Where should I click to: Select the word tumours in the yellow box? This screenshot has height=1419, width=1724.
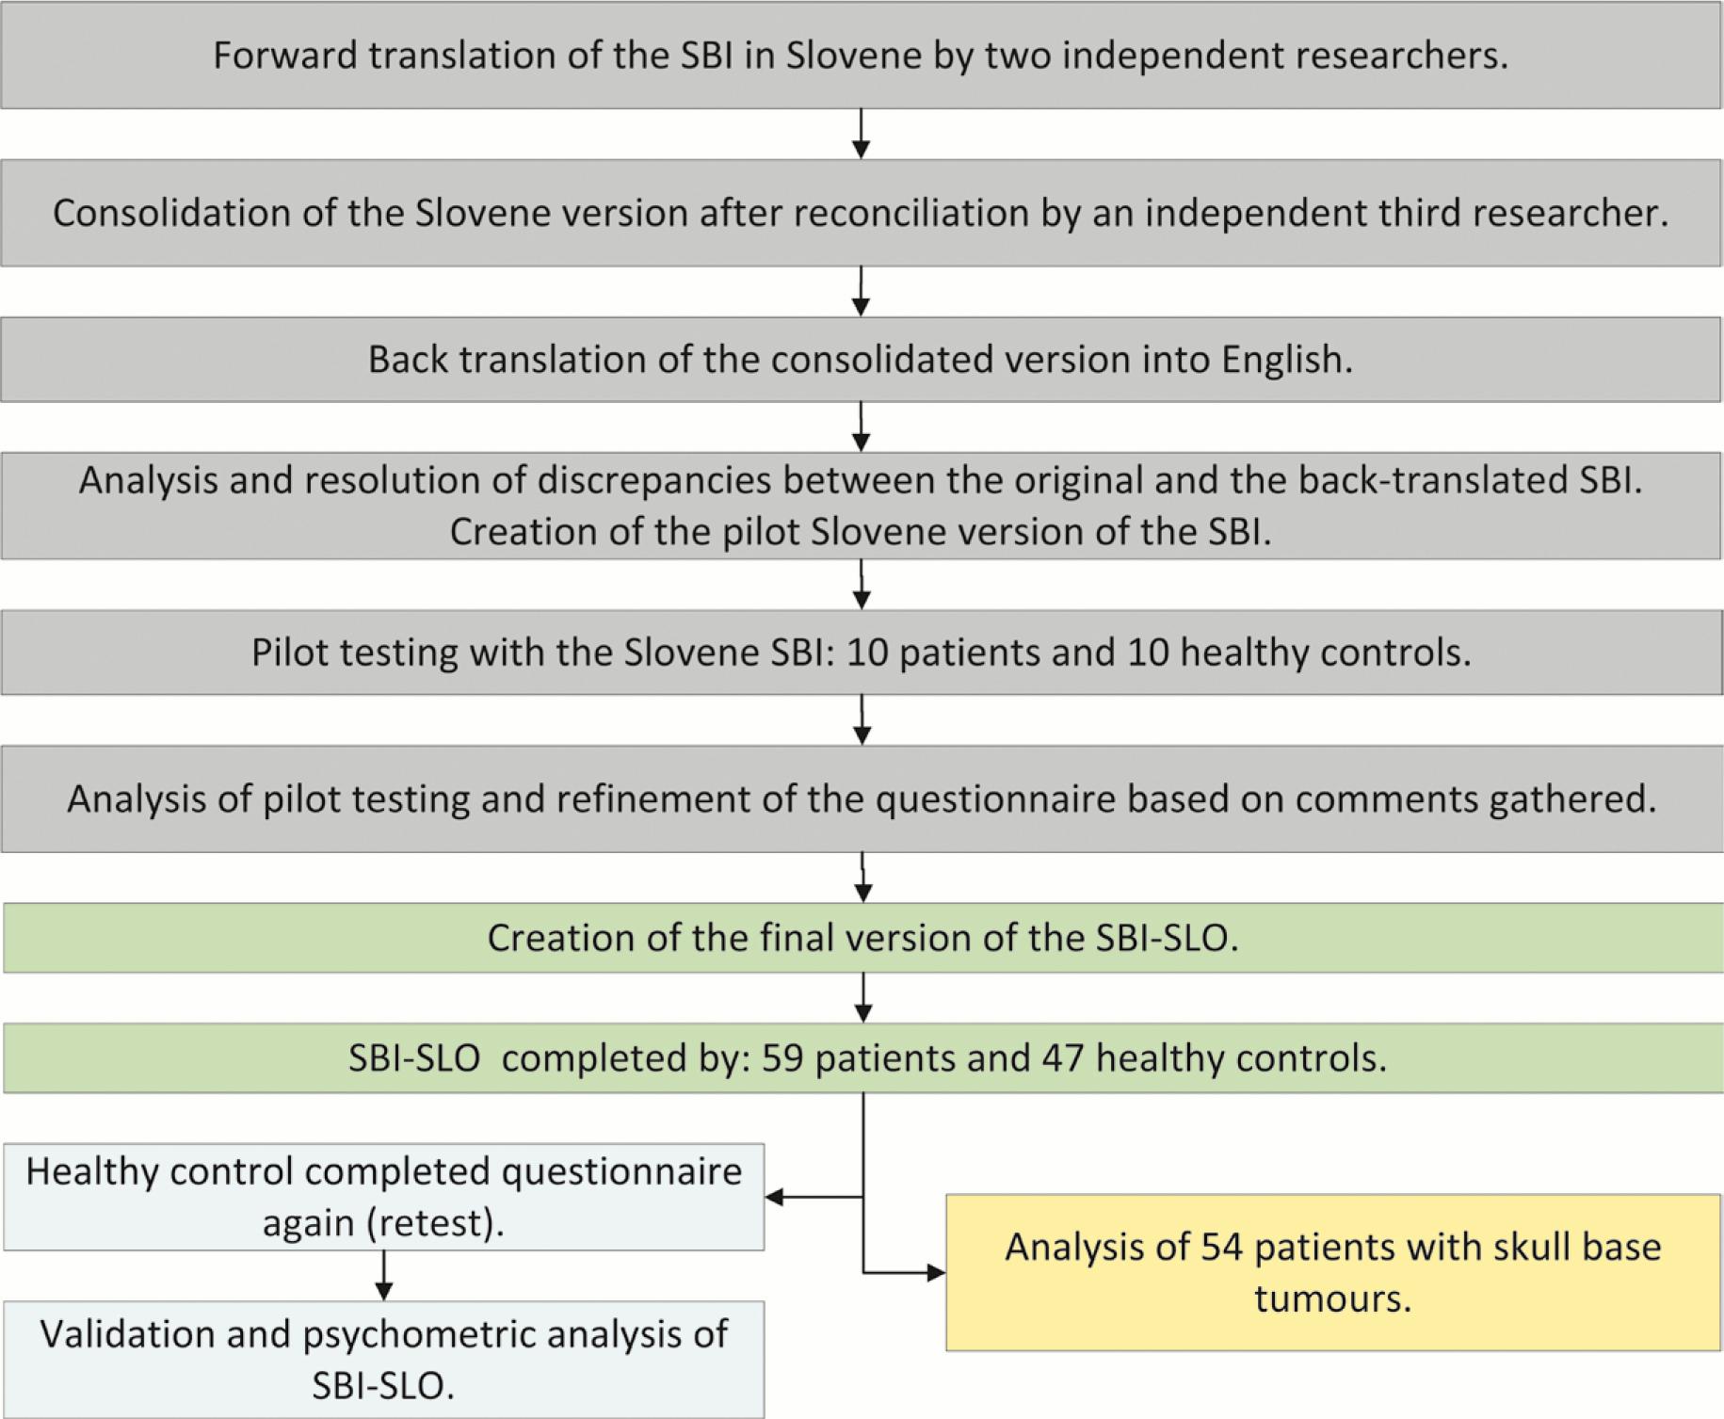[x=1332, y=1298]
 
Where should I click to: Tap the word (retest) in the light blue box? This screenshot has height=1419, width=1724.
[x=435, y=1223]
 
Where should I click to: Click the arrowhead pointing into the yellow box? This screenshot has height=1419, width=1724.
[x=936, y=1273]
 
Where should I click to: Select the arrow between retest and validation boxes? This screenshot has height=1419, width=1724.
[x=383, y=1277]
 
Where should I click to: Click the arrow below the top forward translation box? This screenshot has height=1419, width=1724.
[x=861, y=135]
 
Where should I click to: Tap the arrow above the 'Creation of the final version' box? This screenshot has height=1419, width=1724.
[x=863, y=879]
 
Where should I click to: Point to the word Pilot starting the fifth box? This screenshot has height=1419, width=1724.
[x=289, y=653]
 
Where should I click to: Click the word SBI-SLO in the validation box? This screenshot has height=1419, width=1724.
[x=382, y=1386]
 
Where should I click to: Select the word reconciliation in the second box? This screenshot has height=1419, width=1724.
[x=911, y=213]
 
